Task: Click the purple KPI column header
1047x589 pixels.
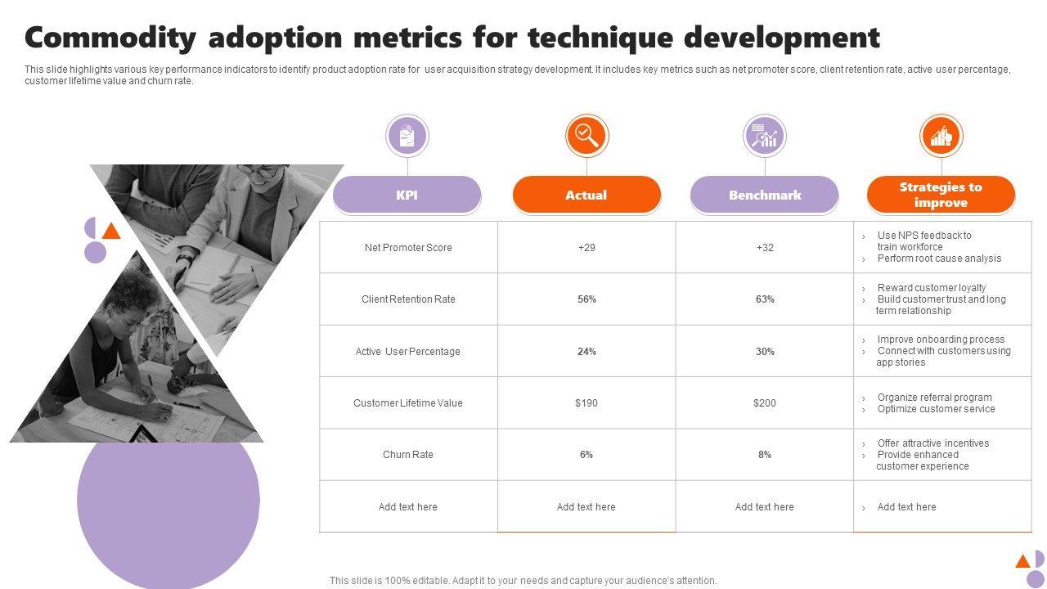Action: tap(407, 195)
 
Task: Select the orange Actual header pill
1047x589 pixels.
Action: tap(586, 195)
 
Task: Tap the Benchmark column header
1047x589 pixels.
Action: tap(765, 195)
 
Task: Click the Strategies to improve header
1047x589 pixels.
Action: tap(941, 195)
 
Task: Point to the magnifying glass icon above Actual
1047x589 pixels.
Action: tap(586, 135)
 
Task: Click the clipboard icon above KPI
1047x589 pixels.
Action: tap(407, 135)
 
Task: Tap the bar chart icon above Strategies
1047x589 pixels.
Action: tap(941, 135)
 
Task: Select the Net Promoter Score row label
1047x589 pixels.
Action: tap(408, 247)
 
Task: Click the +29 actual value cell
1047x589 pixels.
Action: tap(586, 247)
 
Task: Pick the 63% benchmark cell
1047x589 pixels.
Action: tap(765, 299)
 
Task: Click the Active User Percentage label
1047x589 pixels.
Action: tap(408, 352)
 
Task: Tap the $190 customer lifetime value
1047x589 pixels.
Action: tap(586, 402)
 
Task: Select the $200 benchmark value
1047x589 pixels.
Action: tap(765, 402)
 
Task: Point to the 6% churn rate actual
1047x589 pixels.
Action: tap(586, 455)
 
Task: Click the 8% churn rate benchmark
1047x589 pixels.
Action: tap(765, 455)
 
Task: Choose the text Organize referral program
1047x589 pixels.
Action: tap(934, 398)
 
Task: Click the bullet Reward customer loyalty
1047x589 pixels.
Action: tap(931, 288)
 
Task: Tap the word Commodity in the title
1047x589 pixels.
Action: tap(111, 38)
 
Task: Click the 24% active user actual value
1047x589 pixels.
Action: tap(586, 352)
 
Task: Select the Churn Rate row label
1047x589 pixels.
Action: tap(408, 455)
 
